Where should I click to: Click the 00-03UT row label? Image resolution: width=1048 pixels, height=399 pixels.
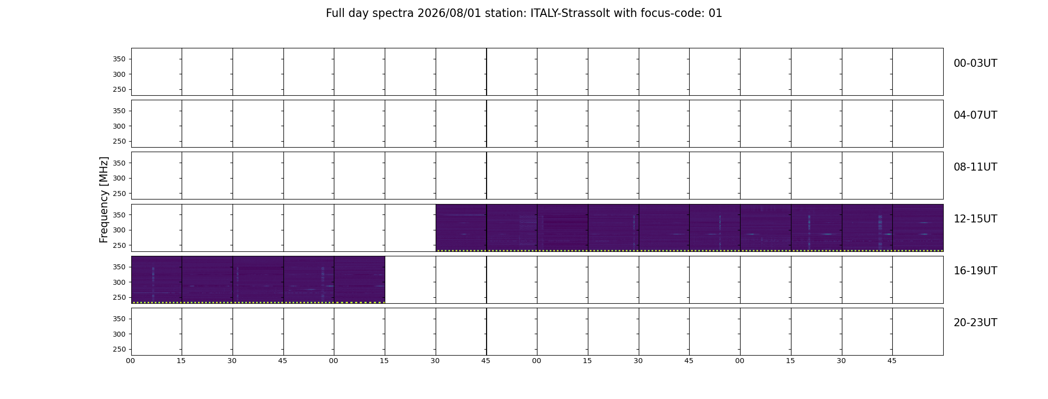click(975, 63)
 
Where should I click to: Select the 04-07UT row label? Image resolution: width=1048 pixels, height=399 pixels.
click(975, 115)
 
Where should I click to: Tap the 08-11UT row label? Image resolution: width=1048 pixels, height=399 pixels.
click(975, 167)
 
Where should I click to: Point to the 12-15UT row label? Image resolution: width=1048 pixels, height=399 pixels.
click(975, 219)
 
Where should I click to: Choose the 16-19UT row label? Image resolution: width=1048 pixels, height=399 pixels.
click(975, 271)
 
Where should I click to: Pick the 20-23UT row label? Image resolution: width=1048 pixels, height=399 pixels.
click(975, 323)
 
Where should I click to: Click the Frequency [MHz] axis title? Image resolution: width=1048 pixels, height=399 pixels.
click(104, 199)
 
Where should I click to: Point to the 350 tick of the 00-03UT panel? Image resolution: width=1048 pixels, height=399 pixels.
click(119, 59)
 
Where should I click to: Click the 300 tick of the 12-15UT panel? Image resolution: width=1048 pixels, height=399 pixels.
click(119, 230)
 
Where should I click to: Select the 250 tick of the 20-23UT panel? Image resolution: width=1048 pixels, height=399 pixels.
click(119, 350)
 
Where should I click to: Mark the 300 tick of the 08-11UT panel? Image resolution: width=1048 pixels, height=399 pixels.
click(119, 179)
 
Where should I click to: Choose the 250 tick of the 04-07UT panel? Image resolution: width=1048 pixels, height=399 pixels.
click(119, 142)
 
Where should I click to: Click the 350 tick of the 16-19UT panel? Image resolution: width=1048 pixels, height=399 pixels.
click(119, 267)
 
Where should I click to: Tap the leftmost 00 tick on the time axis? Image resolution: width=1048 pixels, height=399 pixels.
click(130, 361)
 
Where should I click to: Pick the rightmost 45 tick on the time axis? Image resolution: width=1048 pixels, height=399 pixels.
click(892, 361)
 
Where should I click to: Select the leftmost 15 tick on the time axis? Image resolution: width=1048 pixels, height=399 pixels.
click(181, 361)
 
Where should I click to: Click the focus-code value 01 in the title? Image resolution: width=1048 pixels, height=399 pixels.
click(715, 13)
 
